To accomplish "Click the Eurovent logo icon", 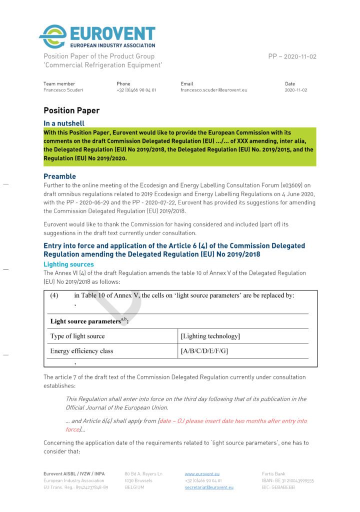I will coord(52,36).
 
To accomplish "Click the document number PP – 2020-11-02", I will coord(292,56).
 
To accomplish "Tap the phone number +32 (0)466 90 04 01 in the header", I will coord(136,90).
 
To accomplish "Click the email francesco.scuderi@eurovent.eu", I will coord(213,90).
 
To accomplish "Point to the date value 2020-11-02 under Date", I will coord(296,90).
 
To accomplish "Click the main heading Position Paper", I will coord(71,110).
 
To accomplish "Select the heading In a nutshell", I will coord(64,123).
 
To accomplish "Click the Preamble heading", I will coord(59,176).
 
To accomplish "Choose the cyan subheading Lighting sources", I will coord(68,264).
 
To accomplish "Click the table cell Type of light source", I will coord(77,336).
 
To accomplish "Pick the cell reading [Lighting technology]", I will coord(210,336).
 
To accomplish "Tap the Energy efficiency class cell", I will coord(81,351).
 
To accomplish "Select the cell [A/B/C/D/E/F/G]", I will coord(204,351).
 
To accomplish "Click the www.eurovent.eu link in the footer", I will coord(202,473).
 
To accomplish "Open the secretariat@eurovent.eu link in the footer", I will coord(209,487).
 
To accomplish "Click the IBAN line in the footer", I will coord(288,480).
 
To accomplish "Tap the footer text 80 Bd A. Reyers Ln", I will coord(143,473).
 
